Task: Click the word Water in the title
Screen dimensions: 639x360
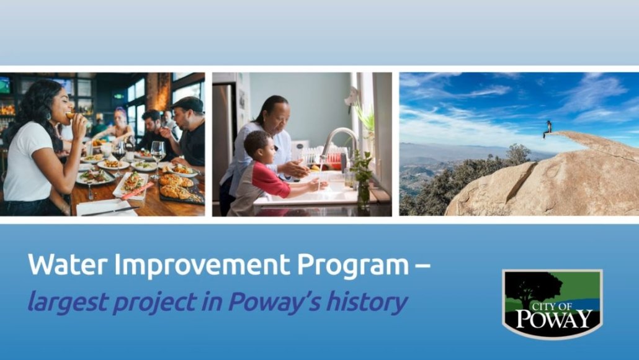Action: [67, 264]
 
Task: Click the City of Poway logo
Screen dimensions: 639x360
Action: [552, 304]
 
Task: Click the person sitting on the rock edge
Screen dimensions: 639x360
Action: [548, 128]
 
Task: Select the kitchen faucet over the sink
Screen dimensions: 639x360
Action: [338, 143]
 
